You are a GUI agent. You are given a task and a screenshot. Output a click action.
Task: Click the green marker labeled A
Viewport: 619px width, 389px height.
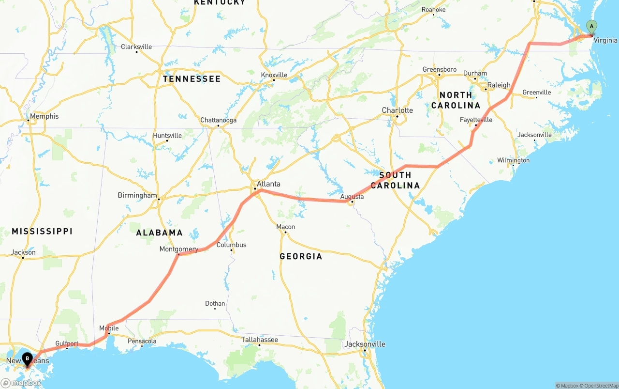(591, 27)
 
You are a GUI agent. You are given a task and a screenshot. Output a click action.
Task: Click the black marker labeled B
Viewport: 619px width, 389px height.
(27, 359)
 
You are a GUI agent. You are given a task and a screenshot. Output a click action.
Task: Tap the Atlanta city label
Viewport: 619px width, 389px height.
(268, 184)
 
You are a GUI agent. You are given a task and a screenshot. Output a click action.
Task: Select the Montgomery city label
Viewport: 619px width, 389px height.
(179, 249)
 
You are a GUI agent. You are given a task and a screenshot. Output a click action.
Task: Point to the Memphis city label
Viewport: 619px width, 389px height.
(44, 116)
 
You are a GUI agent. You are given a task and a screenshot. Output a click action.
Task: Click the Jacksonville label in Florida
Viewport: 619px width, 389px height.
(365, 344)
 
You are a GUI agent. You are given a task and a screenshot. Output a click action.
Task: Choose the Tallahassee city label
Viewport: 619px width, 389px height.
(260, 340)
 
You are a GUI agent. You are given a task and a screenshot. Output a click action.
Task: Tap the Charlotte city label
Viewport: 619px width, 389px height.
(397, 110)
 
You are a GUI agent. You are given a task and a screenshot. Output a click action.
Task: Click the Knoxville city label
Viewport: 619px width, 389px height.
(274, 75)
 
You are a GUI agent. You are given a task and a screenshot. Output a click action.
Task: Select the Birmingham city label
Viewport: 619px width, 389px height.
(137, 195)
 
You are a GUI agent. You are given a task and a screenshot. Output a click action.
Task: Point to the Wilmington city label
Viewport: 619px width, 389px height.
(513, 160)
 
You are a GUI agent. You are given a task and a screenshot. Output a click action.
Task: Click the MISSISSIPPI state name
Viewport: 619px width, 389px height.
(42, 231)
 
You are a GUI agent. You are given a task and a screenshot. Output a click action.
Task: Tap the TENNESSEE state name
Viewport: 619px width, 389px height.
(192, 78)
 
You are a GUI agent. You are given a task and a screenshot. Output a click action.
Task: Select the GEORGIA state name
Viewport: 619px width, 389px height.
(301, 256)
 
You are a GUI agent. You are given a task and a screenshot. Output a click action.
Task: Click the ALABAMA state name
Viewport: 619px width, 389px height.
(159, 233)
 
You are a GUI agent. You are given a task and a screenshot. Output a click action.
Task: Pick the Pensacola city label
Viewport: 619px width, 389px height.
(142, 341)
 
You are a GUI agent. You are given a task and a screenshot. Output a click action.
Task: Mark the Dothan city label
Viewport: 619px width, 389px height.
(215, 304)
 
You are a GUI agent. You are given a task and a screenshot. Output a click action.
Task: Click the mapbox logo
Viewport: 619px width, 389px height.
(21, 383)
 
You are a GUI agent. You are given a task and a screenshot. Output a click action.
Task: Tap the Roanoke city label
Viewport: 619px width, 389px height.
(433, 10)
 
